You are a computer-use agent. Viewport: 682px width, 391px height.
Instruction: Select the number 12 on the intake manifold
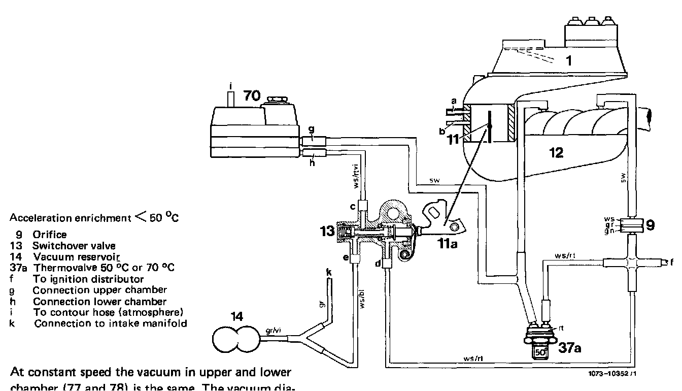[557, 152]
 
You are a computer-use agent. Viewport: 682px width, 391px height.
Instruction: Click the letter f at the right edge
[672, 263]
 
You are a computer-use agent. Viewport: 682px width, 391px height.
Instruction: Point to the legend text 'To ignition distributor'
[88, 279]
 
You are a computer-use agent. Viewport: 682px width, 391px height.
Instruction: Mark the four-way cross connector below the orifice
[631, 263]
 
